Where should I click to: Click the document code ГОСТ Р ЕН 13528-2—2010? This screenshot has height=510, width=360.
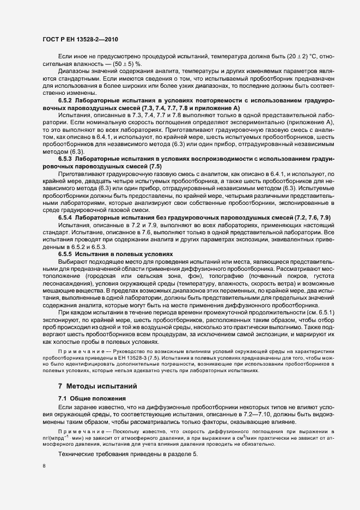(80, 39)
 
